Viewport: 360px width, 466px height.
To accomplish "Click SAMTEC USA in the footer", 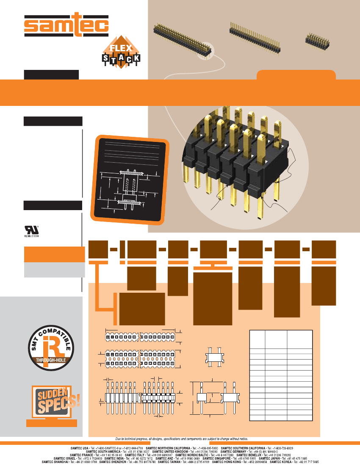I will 80,448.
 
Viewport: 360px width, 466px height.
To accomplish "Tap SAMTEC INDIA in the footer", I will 114,458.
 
